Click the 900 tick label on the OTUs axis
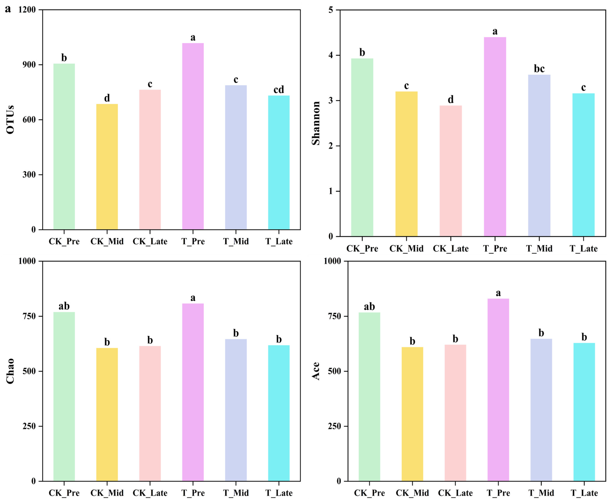(x=29, y=65)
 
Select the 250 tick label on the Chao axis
(x=29, y=426)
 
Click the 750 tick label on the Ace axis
(x=334, y=316)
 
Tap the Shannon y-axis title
(x=316, y=123)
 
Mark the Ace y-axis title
(x=316, y=371)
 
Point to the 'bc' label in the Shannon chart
(x=539, y=69)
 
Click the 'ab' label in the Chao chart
(x=64, y=306)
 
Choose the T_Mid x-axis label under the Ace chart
(x=541, y=493)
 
